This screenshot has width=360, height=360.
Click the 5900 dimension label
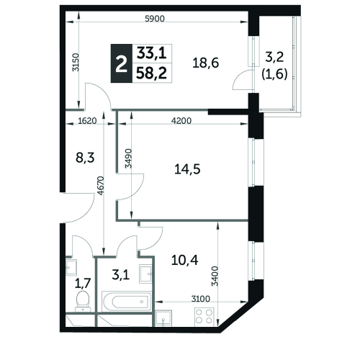155,19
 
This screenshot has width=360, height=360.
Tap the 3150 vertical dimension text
76,62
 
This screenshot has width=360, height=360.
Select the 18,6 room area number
206,63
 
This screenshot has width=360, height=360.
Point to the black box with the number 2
122,63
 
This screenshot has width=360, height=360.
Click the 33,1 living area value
152,53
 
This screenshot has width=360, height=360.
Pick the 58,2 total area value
152,73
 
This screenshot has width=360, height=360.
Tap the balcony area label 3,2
274,57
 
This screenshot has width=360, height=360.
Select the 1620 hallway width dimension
87,121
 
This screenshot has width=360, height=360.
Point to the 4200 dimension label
181,121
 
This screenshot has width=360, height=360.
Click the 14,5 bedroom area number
187,169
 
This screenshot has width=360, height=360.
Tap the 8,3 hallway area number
85,158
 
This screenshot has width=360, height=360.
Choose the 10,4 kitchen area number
185,260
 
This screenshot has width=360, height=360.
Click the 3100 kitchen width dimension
201,299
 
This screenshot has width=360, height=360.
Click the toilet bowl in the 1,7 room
83,301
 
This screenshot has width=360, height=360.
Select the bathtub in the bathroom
127,302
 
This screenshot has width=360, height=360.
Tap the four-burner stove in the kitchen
204,317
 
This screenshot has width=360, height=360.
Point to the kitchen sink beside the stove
163,318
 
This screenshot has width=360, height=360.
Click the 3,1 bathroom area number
121,275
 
